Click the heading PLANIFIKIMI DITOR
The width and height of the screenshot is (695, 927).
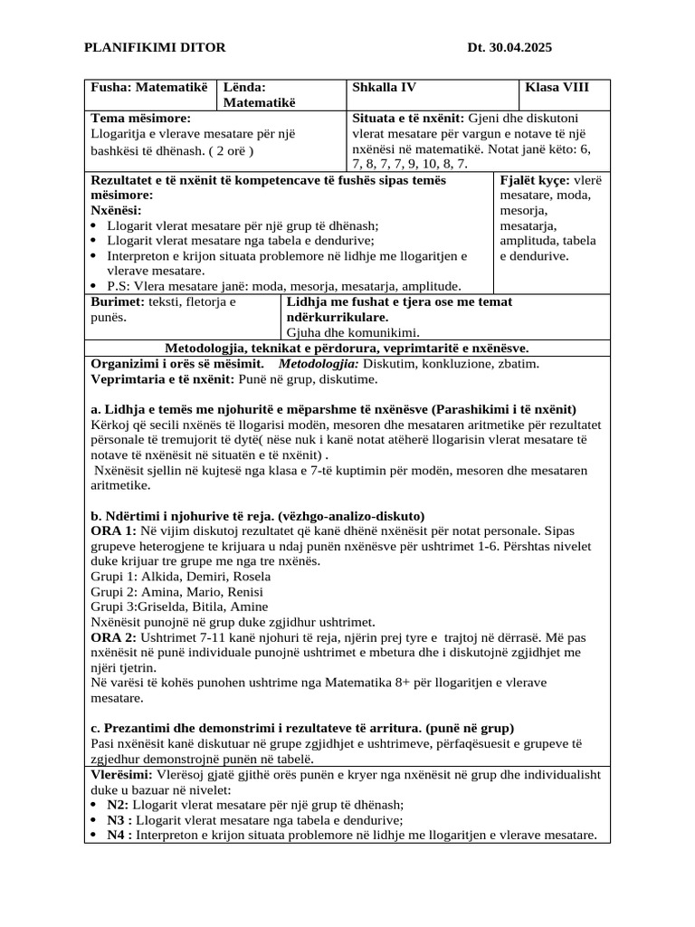[155, 47]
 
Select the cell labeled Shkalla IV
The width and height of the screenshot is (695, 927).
[384, 88]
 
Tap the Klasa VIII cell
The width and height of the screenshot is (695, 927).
[558, 88]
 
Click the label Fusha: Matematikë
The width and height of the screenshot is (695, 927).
[149, 88]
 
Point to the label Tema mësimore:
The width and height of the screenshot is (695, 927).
[141, 119]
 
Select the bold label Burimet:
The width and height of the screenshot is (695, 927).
[118, 301]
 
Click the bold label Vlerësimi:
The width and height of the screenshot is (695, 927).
[122, 774]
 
